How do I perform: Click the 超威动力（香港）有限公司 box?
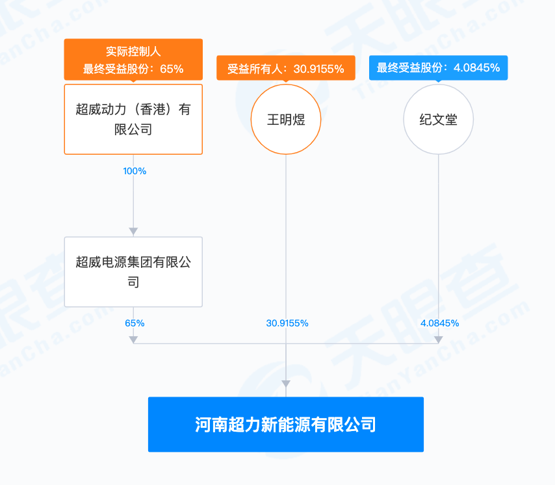133,120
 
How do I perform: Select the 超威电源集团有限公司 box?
133,272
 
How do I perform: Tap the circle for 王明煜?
286,120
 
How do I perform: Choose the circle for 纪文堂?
439,120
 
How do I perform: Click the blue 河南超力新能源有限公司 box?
286,425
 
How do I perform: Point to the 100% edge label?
135,171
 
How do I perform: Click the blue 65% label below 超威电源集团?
135,323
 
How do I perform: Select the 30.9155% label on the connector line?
287,323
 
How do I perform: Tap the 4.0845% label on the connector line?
439,323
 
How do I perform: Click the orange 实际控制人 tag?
133,59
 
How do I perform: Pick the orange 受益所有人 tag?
286,68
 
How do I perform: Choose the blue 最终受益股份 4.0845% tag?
439,68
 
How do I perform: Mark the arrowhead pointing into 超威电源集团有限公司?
133,232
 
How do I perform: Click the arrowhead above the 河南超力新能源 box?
286,384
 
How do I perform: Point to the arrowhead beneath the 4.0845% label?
439,340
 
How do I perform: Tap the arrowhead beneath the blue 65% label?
133,340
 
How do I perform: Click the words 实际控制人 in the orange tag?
133,52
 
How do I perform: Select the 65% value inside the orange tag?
172,69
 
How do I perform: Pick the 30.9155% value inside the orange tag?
318,69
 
